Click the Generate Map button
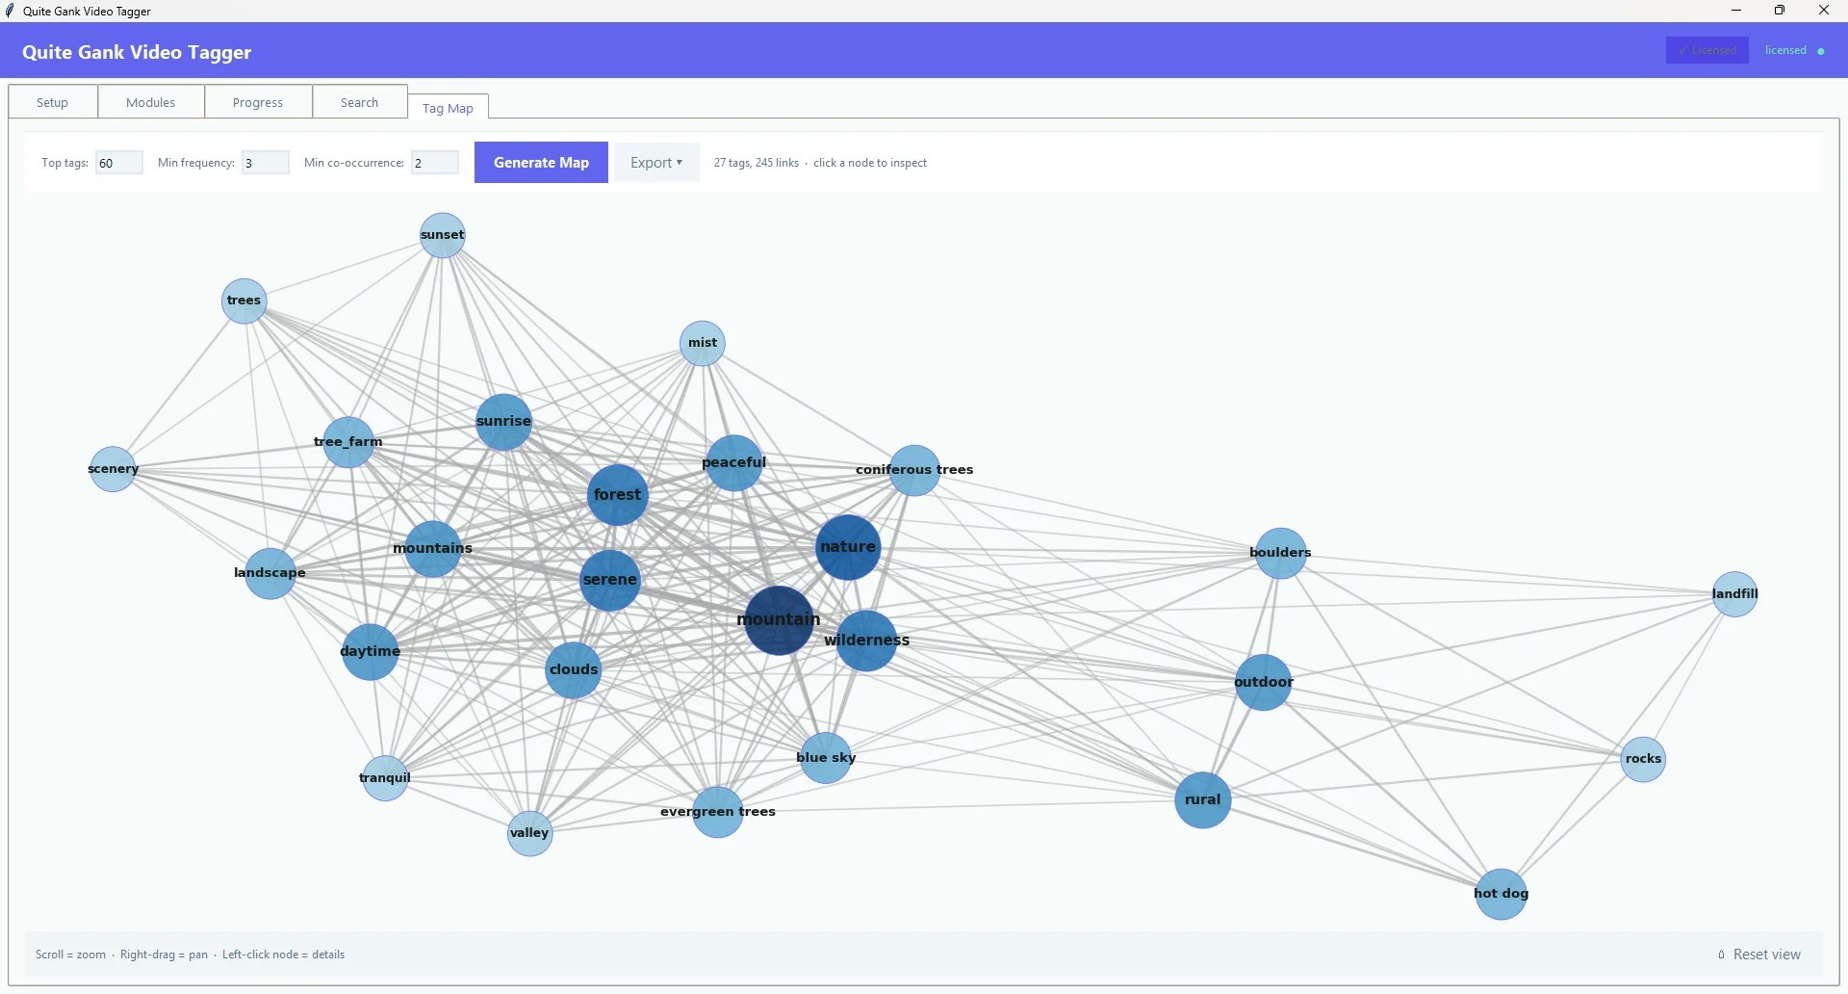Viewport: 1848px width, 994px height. click(541, 163)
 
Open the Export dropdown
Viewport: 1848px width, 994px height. click(656, 163)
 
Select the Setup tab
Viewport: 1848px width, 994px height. click(53, 102)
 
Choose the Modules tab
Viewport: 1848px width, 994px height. click(151, 102)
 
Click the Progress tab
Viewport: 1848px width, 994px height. click(258, 102)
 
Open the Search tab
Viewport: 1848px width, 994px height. click(359, 102)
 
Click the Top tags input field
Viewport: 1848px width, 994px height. click(118, 163)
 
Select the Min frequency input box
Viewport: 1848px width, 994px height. click(265, 163)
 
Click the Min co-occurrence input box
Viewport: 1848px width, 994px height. click(434, 163)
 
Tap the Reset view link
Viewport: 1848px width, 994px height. click(1766, 955)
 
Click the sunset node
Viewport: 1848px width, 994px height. click(443, 235)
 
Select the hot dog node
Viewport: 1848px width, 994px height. click(1501, 894)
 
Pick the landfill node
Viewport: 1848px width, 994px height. click(1734, 594)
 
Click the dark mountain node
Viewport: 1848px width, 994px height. click(779, 620)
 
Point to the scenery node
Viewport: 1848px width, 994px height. click(113, 469)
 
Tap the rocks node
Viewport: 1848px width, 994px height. click(1643, 759)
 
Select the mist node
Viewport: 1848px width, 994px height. click(703, 343)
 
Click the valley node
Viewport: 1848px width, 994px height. click(529, 833)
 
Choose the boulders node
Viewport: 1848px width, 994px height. click(1280, 553)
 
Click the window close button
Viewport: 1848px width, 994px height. click(1823, 11)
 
